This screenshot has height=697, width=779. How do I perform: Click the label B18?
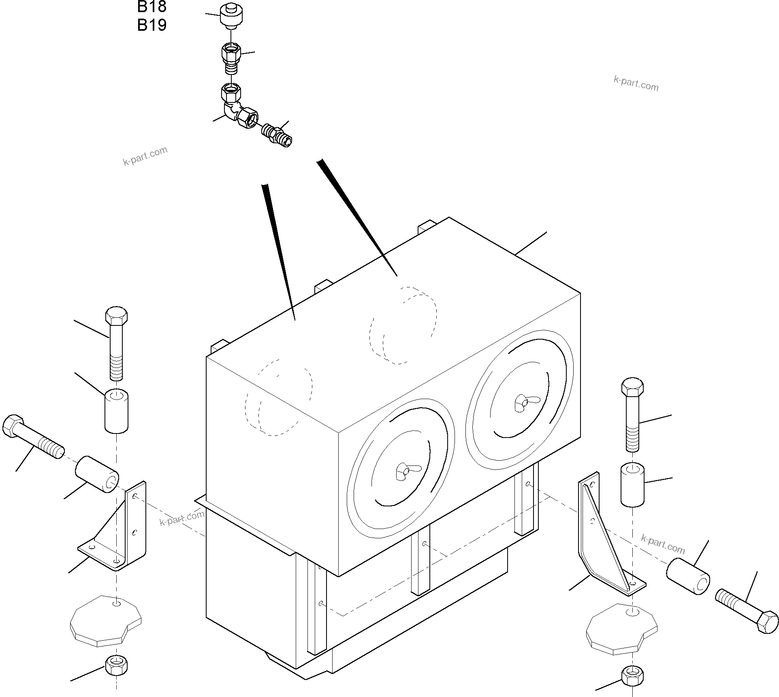click(152, 6)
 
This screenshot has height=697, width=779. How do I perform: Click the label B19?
click(152, 25)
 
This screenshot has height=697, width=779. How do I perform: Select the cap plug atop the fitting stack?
click(231, 16)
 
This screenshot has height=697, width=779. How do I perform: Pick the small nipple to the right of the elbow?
click(277, 134)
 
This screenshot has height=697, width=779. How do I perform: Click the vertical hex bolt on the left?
click(116, 342)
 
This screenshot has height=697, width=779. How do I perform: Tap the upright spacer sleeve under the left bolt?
click(117, 410)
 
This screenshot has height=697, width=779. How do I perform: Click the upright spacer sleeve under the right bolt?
click(632, 484)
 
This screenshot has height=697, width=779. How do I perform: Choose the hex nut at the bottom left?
click(116, 665)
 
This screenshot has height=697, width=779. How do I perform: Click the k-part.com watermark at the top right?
click(636, 83)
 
